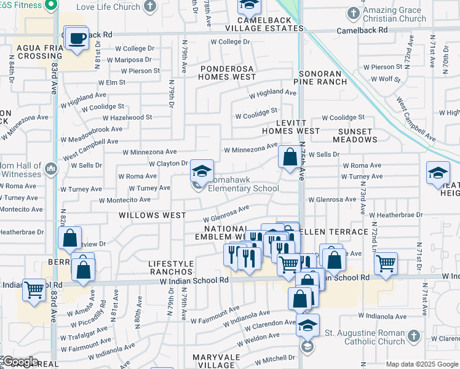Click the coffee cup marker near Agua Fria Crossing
[x=77, y=39]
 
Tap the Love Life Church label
[x=109, y=7]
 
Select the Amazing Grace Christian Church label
[x=395, y=14]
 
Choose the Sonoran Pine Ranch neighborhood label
[x=320, y=76]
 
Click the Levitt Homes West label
[x=290, y=126]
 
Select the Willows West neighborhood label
[x=152, y=215]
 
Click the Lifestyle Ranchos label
[x=171, y=268]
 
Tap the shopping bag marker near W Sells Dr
[x=289, y=157]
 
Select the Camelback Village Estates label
[x=264, y=24]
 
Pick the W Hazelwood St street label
[x=127, y=117]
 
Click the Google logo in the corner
[x=20, y=362]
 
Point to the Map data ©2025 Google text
[x=421, y=364]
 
